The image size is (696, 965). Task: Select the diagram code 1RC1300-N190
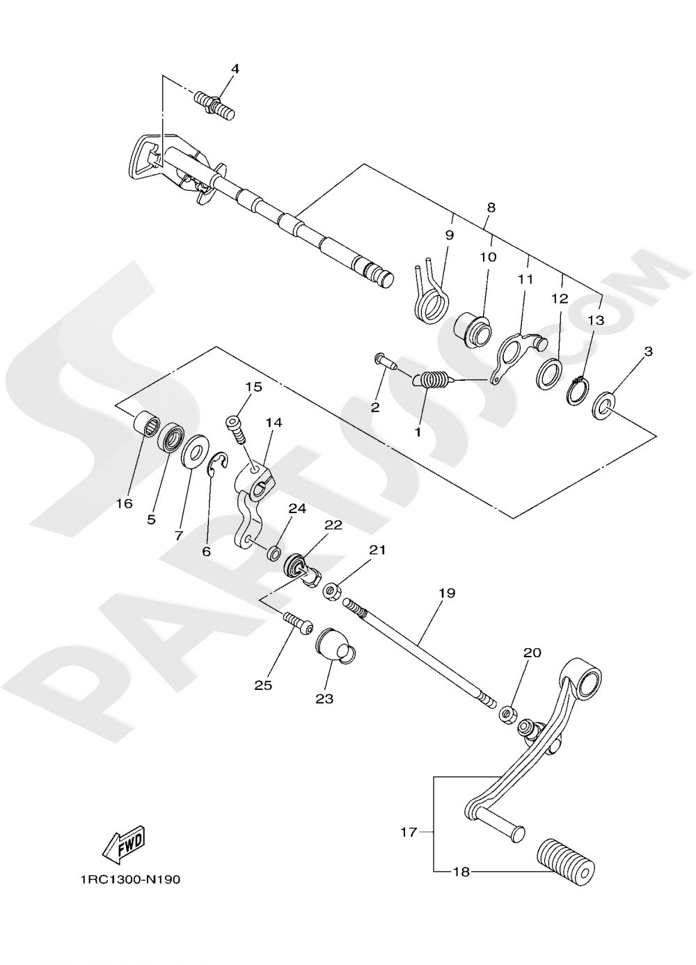pos(129,879)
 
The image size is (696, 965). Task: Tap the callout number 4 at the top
pos(235,69)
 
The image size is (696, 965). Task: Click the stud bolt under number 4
pos(216,105)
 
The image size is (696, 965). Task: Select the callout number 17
pos(408,831)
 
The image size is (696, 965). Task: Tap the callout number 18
pos(461,872)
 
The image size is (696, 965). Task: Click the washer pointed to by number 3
pos(603,405)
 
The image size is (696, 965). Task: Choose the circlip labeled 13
pos(577,391)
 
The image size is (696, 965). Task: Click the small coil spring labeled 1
pos(432,381)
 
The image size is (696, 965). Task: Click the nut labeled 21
pos(332,592)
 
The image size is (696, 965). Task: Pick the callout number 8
pos(491,207)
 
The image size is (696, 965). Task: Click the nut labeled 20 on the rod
pos(507,714)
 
